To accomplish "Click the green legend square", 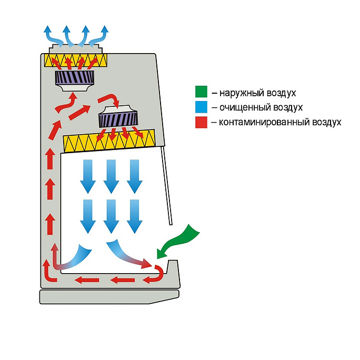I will click(x=201, y=93).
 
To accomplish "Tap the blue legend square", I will click(x=201, y=107).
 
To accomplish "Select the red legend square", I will click(x=201, y=122).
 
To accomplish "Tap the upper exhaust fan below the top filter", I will click(x=75, y=80).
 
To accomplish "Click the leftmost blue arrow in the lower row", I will click(x=87, y=215).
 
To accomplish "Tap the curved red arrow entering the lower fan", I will click(x=108, y=99).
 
